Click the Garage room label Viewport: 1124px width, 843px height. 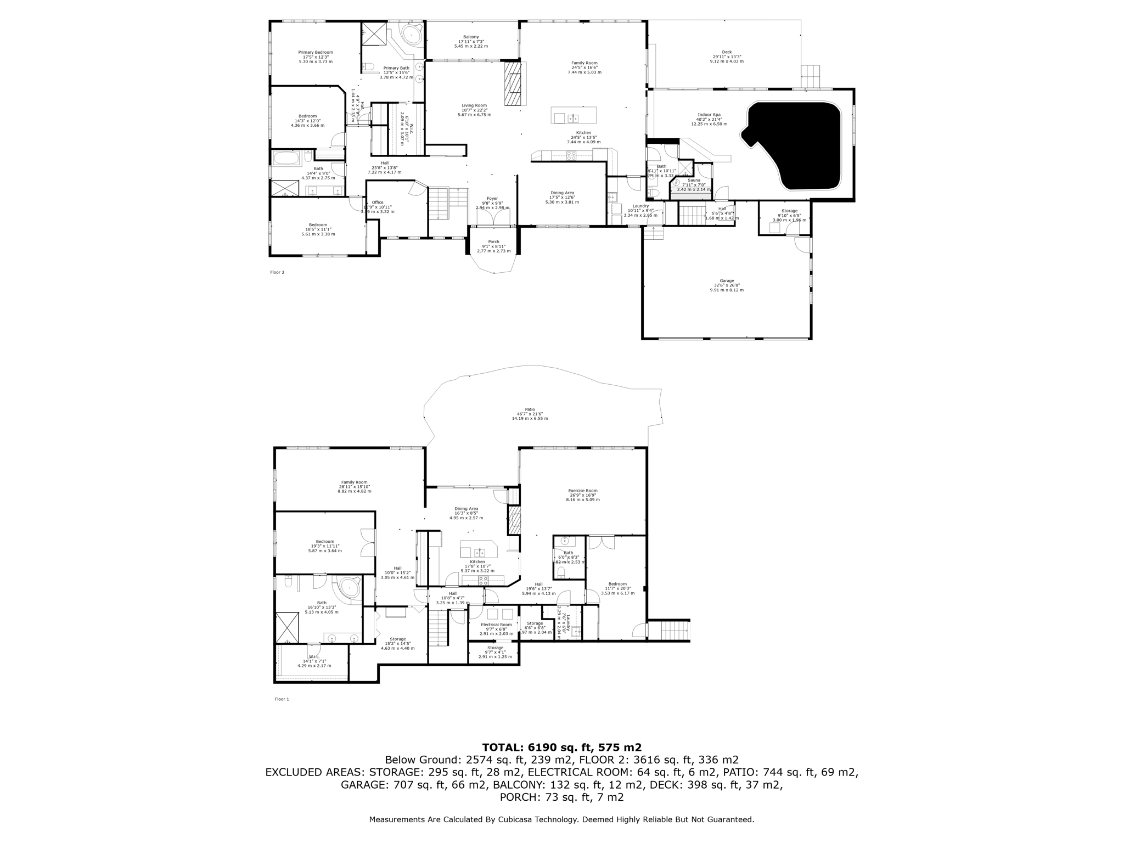click(x=726, y=281)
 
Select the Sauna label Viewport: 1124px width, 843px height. click(x=694, y=180)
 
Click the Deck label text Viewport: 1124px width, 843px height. click(x=726, y=52)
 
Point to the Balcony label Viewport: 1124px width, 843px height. click(x=470, y=37)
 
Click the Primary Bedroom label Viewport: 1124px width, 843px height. click(x=315, y=53)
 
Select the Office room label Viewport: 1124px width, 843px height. click(x=378, y=203)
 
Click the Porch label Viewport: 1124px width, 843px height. click(x=493, y=242)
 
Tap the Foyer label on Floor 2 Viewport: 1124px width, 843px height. click(x=492, y=199)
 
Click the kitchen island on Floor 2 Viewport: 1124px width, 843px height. click(x=574, y=116)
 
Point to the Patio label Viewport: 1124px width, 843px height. click(x=529, y=409)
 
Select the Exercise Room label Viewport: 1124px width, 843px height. click(x=582, y=491)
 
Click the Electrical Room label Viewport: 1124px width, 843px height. click(x=496, y=625)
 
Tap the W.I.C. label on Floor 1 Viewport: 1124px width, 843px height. click(x=314, y=657)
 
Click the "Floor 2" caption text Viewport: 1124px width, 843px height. click(x=277, y=272)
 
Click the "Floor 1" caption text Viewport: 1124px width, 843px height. click(x=282, y=699)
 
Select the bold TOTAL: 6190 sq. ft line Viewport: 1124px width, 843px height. click(x=561, y=748)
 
